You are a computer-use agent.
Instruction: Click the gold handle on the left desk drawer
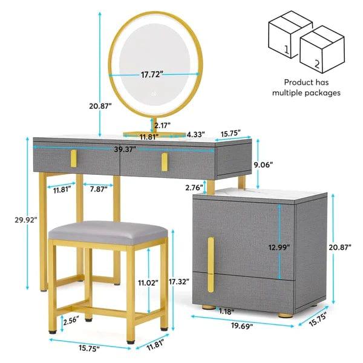point(73,159)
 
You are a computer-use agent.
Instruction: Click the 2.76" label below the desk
point(177,188)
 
